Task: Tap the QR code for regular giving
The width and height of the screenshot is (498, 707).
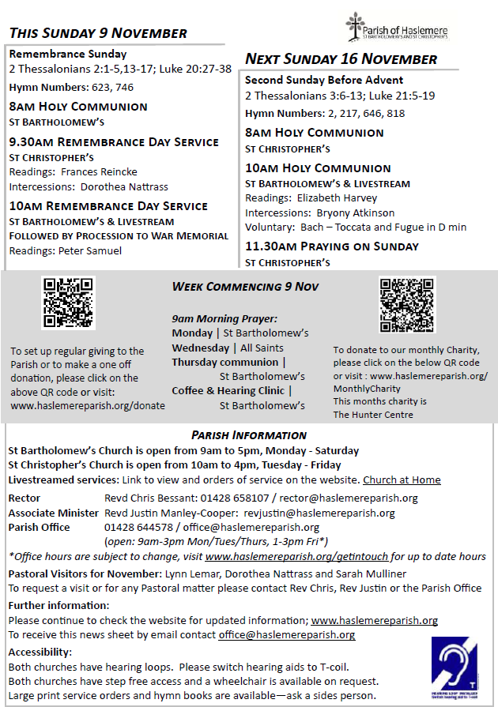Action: point(69,302)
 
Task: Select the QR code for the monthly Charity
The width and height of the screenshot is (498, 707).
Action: point(407,305)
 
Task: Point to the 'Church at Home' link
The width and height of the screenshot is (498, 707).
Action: point(402,480)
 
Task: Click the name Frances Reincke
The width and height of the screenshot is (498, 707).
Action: point(99,171)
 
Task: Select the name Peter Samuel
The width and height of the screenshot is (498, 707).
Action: point(90,250)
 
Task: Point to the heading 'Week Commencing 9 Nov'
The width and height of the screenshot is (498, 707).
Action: point(245,287)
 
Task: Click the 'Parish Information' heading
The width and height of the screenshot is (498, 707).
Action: point(249,435)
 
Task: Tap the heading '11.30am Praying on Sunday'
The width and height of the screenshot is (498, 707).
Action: point(332,246)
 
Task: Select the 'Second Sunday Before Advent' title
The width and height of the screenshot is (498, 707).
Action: point(324,81)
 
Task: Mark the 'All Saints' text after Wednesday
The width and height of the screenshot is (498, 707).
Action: point(262,348)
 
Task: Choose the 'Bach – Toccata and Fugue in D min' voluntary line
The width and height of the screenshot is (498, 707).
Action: point(382,227)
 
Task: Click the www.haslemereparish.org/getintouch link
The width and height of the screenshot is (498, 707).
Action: point(298,556)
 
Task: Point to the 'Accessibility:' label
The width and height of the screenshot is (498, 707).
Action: point(40,652)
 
